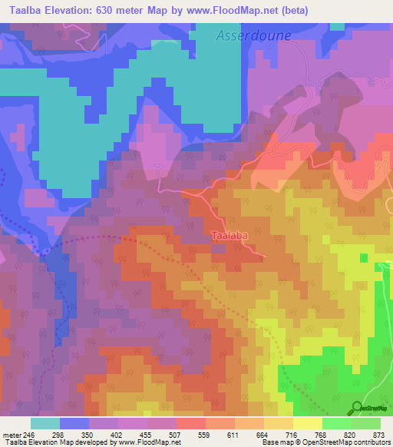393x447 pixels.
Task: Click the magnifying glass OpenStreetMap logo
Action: (357, 407)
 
